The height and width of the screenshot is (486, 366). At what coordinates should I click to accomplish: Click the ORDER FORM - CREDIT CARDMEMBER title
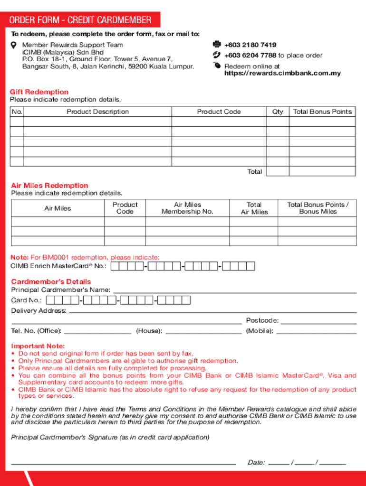click(80, 20)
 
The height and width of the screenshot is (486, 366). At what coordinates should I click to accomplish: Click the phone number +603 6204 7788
click(250, 56)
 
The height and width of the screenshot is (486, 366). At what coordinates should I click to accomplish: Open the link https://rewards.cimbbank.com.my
click(282, 74)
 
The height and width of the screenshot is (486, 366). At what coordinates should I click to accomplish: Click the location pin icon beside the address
click(14, 45)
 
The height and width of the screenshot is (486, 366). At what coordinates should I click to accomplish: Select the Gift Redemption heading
click(40, 92)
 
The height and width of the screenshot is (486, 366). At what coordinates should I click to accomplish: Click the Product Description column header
click(97, 112)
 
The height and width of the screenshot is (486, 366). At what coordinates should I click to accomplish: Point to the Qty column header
click(278, 112)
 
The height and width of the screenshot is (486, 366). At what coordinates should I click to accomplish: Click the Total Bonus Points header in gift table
click(322, 112)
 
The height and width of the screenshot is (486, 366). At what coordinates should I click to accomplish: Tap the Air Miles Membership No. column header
click(187, 208)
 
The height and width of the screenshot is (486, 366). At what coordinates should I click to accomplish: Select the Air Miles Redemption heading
click(49, 186)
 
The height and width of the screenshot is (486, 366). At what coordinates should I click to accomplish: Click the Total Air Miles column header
click(254, 208)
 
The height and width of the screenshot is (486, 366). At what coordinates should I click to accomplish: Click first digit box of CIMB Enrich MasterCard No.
click(115, 266)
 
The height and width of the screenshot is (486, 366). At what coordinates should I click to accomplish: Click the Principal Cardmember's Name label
click(61, 290)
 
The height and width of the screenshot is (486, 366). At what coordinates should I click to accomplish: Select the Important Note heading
click(38, 346)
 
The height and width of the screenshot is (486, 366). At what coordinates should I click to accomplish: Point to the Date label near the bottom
click(256, 462)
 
